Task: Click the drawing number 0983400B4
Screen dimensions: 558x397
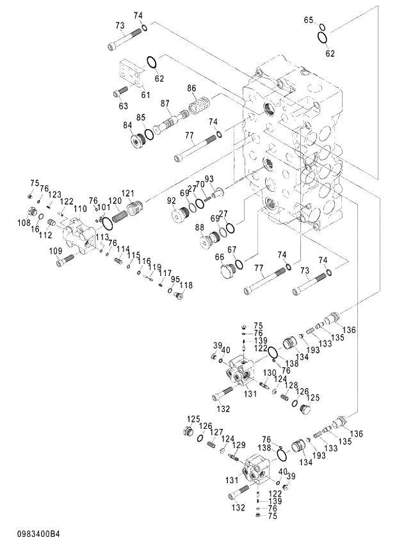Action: tap(35, 534)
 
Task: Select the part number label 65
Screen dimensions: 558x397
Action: tap(308, 20)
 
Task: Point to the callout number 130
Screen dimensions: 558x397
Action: tap(270, 372)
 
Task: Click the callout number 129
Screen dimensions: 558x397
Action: tap(238, 445)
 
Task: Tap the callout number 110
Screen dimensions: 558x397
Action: tap(79, 209)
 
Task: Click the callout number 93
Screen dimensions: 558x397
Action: tap(209, 178)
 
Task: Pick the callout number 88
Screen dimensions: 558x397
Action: tap(200, 227)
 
